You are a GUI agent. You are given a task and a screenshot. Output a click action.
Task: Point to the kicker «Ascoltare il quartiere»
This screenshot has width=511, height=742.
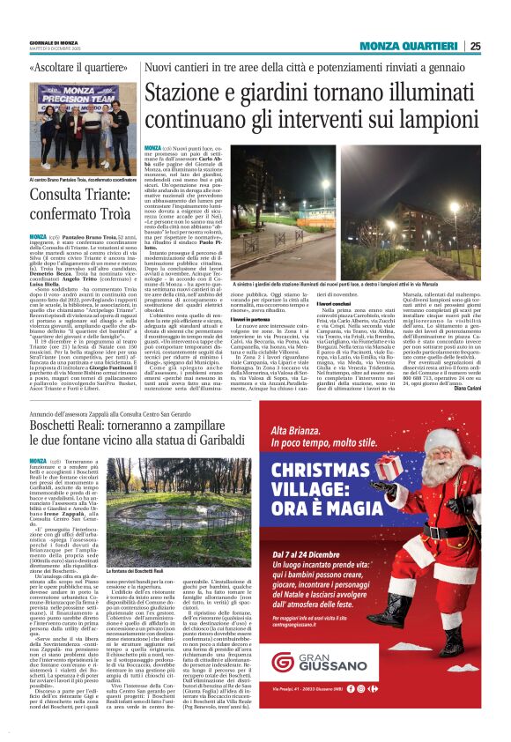click(x=78, y=68)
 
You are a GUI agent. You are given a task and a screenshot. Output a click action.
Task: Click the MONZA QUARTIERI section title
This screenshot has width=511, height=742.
click(x=409, y=46)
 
